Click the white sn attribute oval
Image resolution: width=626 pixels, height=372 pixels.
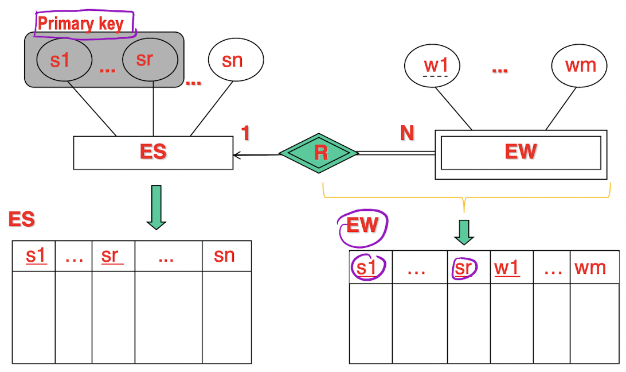coord(236,60)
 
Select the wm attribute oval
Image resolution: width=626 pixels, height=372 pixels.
coord(580,65)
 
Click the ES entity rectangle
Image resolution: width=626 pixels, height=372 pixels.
coord(153,153)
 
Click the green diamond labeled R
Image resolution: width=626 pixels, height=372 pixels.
coord(319,153)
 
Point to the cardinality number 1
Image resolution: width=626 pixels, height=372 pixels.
coord(245,133)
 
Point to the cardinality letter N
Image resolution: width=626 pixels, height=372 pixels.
coord(406,133)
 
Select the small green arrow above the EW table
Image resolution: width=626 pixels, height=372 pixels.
coord(464,231)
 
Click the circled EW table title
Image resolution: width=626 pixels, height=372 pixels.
coord(363,225)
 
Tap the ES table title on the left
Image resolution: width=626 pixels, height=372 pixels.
coord(21,219)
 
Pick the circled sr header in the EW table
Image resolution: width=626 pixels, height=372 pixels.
coord(464,268)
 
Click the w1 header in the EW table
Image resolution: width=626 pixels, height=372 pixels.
coord(507,267)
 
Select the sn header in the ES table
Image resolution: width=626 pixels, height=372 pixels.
coord(225,255)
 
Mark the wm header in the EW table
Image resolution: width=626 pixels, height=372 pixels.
coord(590,267)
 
